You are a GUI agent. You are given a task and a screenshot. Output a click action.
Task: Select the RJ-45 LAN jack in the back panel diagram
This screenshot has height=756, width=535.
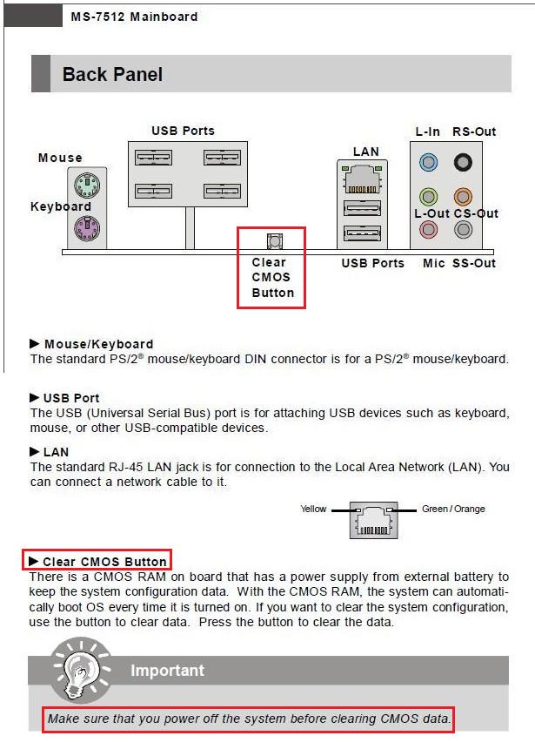[361, 179]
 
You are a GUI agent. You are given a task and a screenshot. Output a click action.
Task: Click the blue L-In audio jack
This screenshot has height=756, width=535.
[428, 161]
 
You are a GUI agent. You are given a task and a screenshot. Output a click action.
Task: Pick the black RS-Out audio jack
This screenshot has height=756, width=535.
[465, 161]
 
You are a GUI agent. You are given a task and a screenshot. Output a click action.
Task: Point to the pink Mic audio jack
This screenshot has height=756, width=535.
[428, 230]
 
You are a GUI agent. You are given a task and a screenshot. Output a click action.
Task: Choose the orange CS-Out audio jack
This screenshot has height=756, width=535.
[465, 197]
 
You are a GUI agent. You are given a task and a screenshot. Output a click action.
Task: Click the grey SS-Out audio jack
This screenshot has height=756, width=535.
[465, 230]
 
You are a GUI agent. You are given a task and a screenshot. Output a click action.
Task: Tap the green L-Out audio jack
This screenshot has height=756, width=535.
[428, 197]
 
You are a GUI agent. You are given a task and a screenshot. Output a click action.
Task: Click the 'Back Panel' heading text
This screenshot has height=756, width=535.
[112, 75]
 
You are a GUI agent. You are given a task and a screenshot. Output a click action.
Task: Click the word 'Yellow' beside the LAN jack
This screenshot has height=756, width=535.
[313, 509]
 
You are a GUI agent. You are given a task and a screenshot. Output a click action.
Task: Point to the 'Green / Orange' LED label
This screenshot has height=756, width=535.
[453, 509]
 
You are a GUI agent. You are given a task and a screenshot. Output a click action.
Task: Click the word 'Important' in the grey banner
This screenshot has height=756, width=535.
[167, 670]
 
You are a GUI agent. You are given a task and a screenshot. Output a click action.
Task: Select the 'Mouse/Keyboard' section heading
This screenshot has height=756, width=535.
[98, 344]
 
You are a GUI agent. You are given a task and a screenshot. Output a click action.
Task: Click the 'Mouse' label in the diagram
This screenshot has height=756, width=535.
[60, 158]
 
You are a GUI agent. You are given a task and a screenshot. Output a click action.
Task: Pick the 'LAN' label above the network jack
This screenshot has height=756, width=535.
[365, 152]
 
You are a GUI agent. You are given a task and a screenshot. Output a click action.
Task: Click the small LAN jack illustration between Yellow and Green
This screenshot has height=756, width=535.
[373, 520]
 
